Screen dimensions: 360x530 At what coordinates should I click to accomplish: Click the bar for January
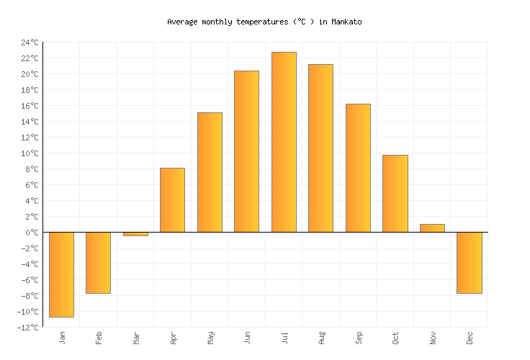61,274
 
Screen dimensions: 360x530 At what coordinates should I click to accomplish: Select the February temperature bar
98,263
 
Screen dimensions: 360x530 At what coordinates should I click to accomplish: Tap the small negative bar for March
135,234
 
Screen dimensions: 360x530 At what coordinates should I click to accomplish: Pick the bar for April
172,200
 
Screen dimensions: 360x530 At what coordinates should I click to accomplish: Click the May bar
210,172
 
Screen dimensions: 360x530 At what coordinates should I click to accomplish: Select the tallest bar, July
284,142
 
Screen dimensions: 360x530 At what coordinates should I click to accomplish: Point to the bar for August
320,148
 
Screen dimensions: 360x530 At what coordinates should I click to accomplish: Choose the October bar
395,194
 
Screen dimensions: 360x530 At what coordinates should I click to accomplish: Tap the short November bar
432,228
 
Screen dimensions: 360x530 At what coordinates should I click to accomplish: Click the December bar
469,263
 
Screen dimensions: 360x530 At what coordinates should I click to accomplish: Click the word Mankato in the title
346,22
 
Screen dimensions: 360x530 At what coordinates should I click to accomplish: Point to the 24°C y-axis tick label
29,42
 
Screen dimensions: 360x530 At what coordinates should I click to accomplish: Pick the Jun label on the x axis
247,337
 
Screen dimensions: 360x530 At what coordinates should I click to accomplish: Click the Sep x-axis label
358,337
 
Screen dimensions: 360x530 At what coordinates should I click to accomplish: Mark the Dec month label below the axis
470,337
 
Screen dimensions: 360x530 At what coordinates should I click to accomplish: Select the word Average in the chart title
182,22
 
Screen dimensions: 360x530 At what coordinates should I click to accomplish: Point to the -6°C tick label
29,280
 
